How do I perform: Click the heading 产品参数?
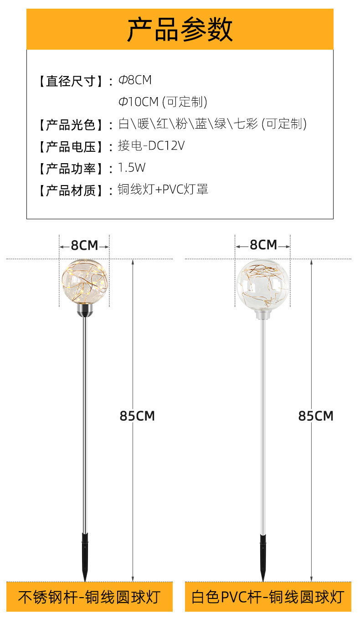coord(180,30)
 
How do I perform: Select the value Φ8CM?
coord(135,80)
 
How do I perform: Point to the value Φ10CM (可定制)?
coord(163,102)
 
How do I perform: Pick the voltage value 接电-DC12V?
coord(151,145)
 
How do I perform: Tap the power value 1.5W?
coord(131,168)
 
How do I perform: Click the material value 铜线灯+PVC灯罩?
coord(163,190)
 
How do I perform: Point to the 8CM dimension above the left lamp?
coord(84,246)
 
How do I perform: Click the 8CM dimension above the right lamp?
coord(263,245)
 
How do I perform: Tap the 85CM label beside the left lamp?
coord(137,416)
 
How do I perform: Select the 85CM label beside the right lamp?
coord(316,416)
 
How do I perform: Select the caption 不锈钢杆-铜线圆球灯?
coord(89,597)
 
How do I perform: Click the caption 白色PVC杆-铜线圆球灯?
coord(267,597)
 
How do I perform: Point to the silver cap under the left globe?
coord(85,311)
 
